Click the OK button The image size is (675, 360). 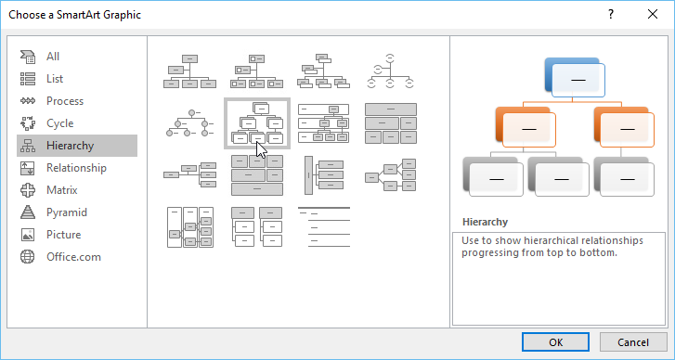[555, 342]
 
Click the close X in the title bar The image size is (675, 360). [653, 14]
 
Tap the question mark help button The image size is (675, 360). [611, 14]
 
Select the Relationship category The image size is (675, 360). [77, 168]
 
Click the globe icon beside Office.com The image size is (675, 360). [28, 257]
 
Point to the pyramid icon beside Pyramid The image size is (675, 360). [28, 212]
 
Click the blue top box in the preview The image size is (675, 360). [575, 77]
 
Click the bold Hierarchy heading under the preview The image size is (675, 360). [485, 222]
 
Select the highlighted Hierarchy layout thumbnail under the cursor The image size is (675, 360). [257, 123]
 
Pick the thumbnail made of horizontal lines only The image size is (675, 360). [324, 226]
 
